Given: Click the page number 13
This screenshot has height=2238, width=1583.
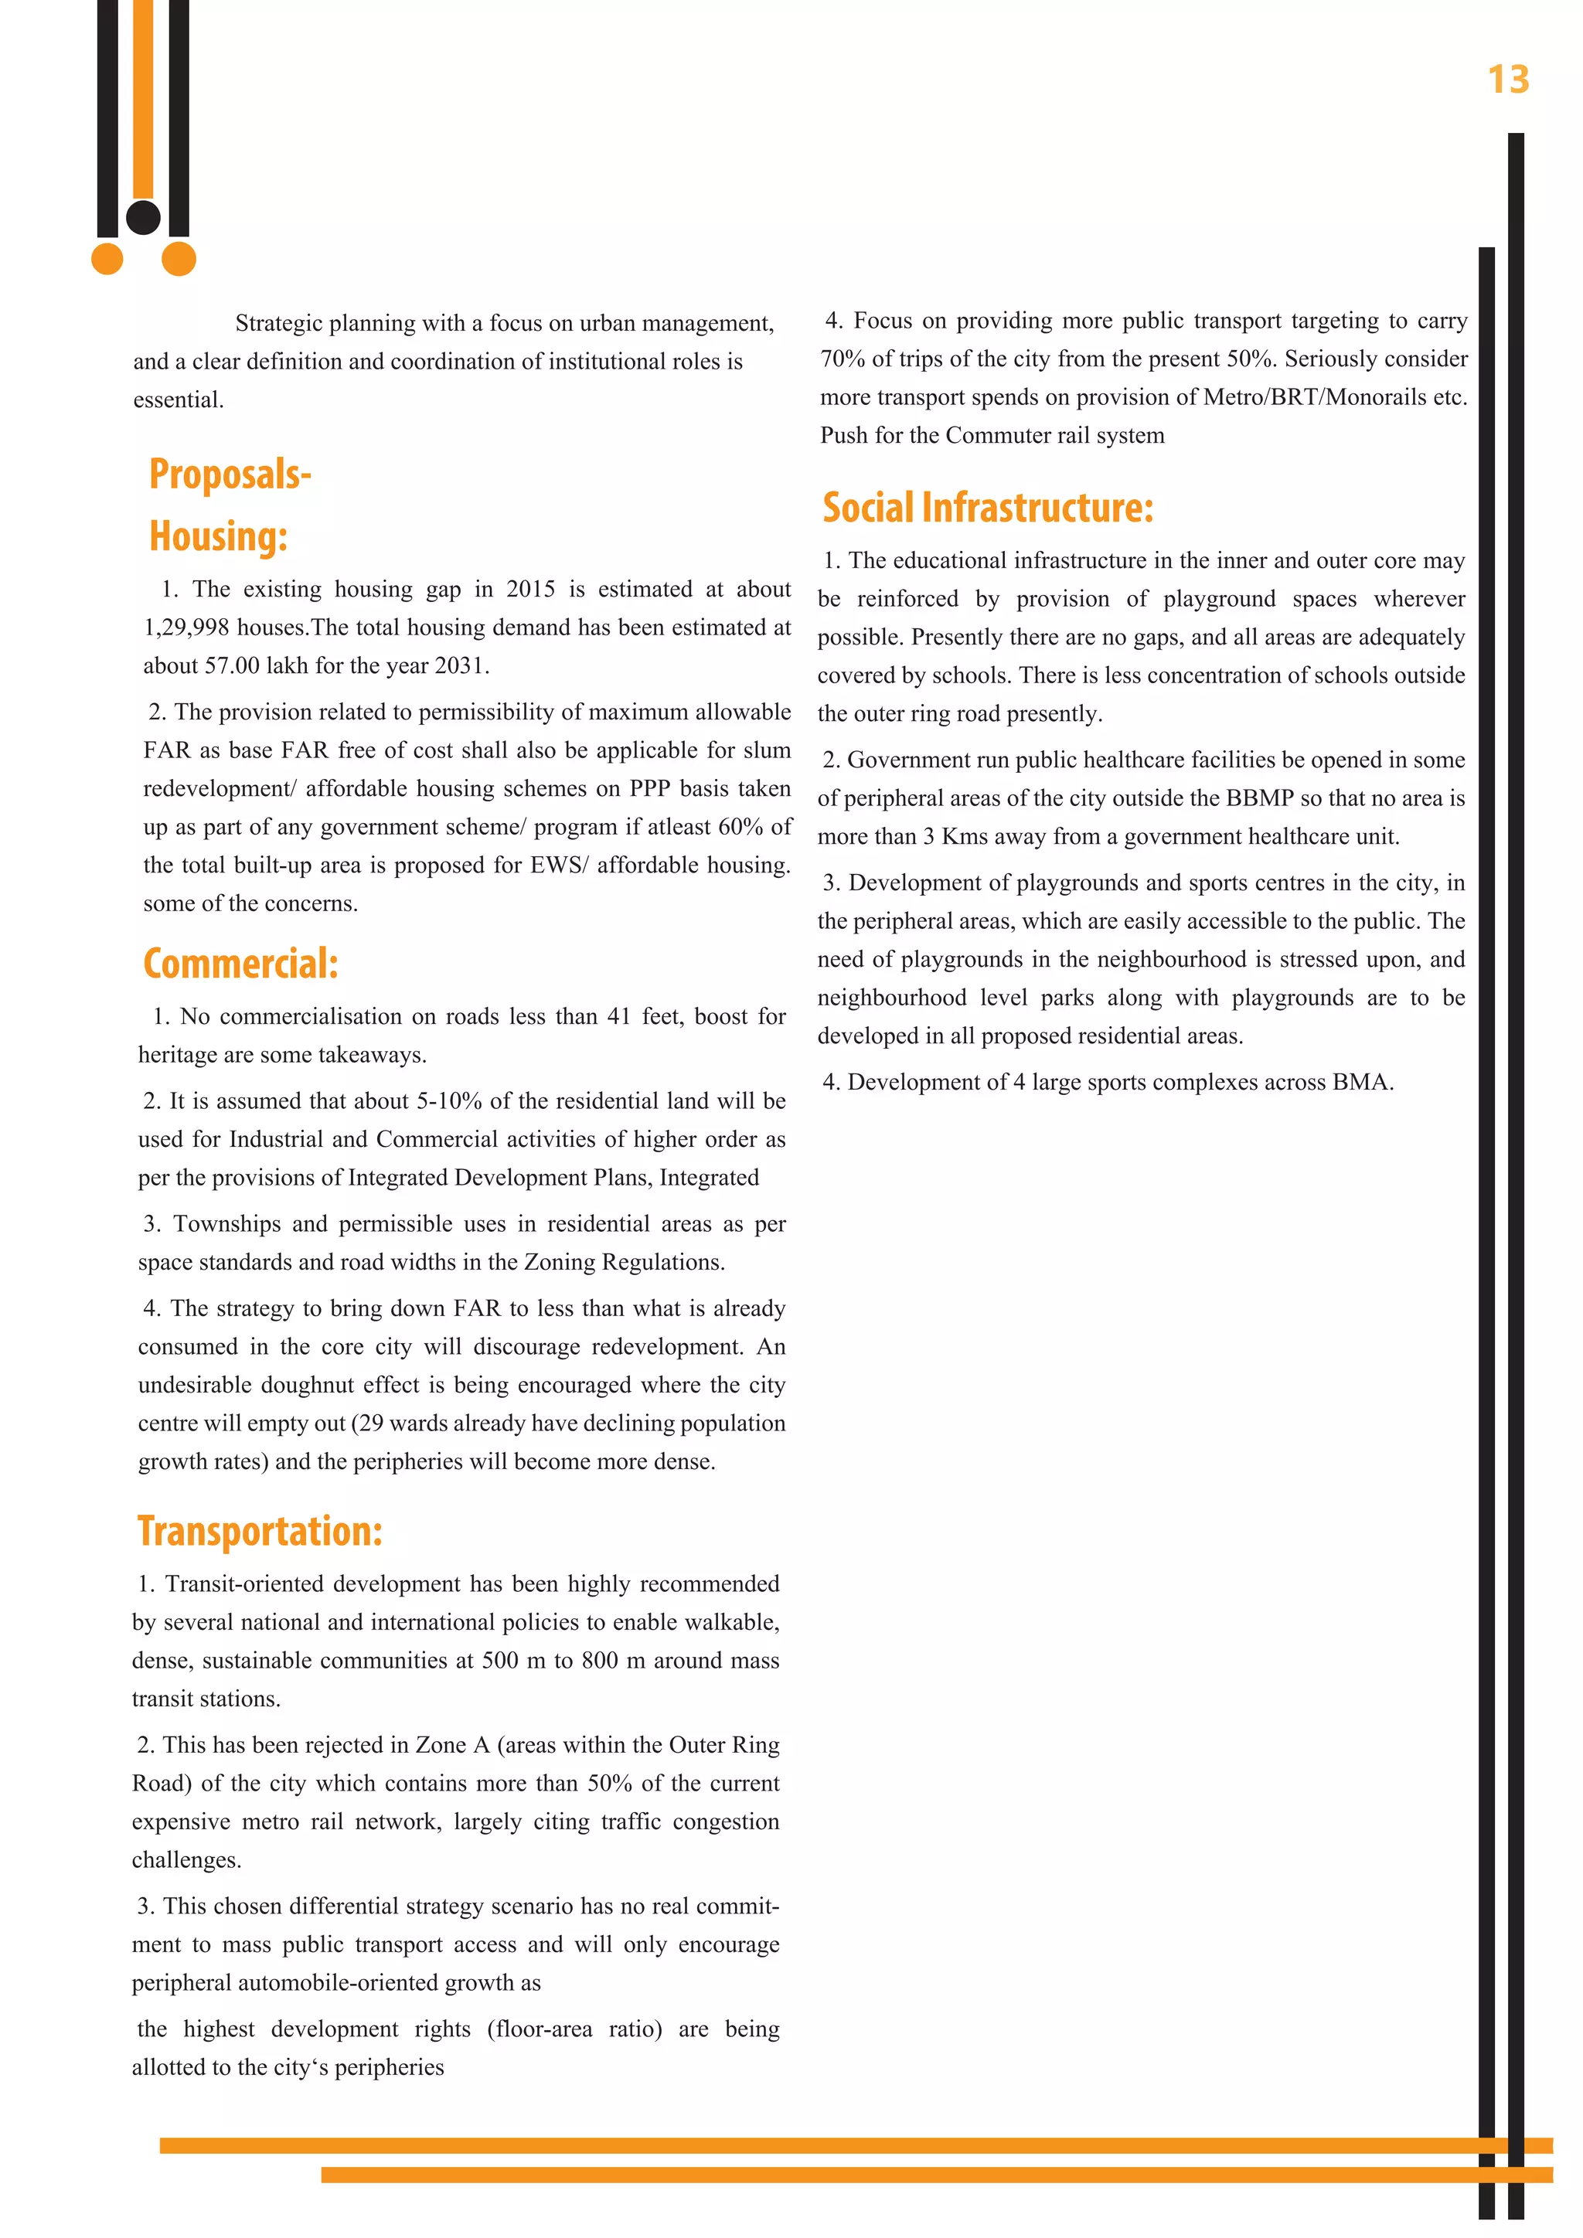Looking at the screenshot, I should [x=1507, y=80].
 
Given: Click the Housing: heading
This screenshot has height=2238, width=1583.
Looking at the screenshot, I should [x=218, y=536].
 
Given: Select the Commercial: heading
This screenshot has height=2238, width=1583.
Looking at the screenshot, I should [x=240, y=964].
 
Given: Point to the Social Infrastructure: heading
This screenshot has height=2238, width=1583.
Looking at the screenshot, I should [x=987, y=508].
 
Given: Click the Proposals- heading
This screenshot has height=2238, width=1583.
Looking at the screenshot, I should [x=230, y=474].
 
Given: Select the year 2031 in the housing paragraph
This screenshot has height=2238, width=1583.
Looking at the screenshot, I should [x=459, y=665].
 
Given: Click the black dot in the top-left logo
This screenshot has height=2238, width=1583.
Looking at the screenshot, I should [x=143, y=217].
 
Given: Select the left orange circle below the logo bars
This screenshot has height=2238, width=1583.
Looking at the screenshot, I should [x=107, y=260].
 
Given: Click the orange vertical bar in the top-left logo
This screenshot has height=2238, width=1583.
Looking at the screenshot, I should [x=143, y=97].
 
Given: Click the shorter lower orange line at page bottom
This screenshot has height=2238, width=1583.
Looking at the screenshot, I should [x=936, y=2175].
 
